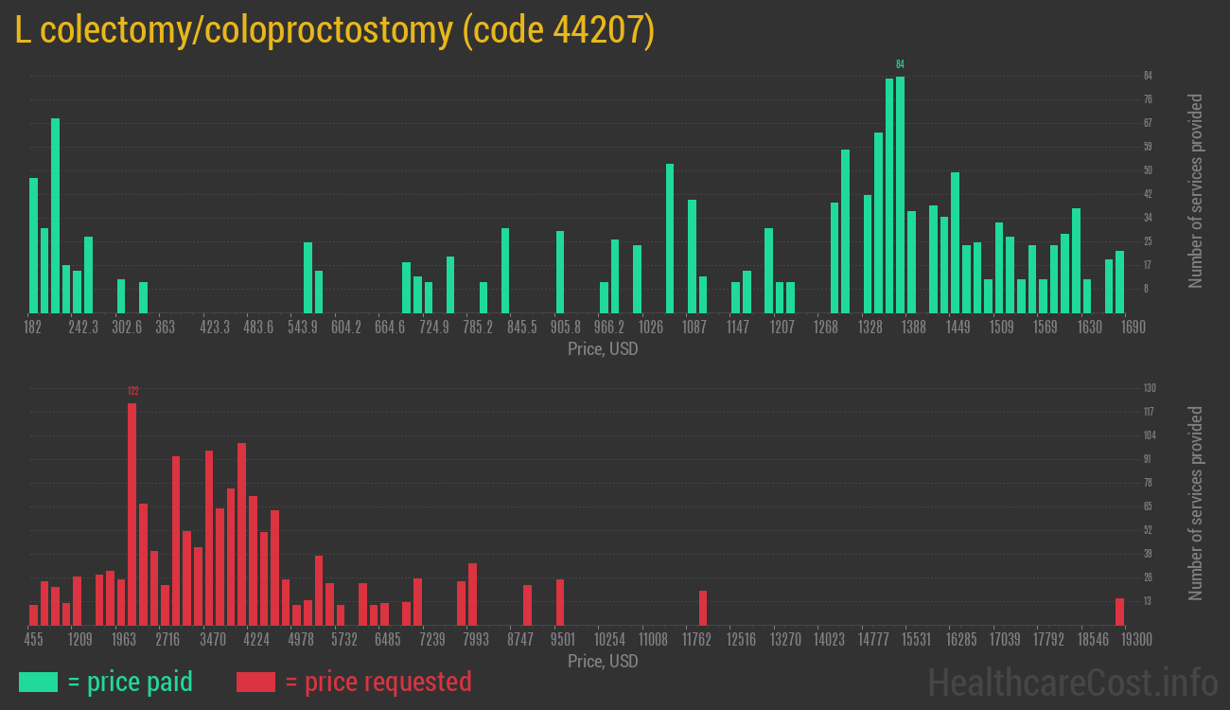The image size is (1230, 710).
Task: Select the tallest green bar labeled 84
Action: point(900,194)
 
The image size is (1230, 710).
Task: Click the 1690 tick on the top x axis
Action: point(1133,328)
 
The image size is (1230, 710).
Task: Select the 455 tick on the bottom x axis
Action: point(33,640)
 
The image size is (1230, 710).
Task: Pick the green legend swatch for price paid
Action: point(38,682)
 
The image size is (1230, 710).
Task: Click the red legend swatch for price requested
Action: point(255,682)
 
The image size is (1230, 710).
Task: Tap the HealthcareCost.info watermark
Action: point(1072,682)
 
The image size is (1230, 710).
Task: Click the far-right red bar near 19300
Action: point(1119,612)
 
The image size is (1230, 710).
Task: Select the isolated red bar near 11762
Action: point(703,608)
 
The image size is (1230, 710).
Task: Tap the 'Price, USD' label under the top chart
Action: point(603,348)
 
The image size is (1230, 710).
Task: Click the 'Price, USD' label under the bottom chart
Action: point(603,661)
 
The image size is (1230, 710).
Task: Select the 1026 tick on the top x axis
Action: point(651,328)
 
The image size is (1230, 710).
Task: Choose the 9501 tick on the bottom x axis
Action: point(563,640)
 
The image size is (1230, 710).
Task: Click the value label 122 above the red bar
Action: point(132,391)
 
